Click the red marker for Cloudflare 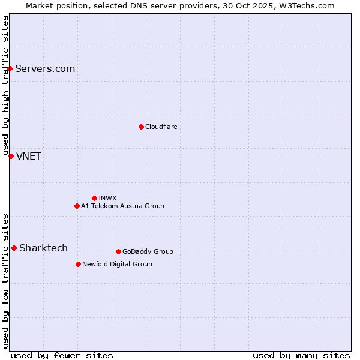point(141,127)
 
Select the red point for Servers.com point(10,68)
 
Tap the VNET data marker point(11,156)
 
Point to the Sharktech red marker point(14,248)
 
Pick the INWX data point point(94,198)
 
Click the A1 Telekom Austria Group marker point(77,206)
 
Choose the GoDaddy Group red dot point(118,251)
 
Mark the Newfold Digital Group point point(78,264)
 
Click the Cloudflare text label point(161,127)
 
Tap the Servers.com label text point(45,68)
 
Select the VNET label point(29,156)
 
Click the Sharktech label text point(43,248)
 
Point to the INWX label point(108,198)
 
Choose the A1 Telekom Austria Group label point(122,206)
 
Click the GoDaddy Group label point(148,251)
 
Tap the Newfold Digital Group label point(117,264)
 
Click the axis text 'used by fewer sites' point(62,355)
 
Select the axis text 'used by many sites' point(301,355)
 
